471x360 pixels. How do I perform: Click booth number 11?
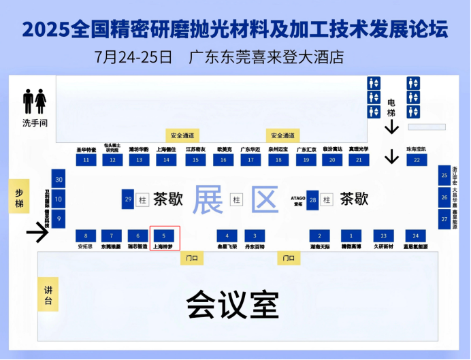(x=86, y=160)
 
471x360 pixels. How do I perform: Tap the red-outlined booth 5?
(x=164, y=235)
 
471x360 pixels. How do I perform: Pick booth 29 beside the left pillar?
(x=128, y=199)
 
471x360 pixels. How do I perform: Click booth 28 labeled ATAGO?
(x=313, y=199)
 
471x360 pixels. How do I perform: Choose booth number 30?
(x=59, y=180)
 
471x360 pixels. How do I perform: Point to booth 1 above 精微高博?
(x=351, y=235)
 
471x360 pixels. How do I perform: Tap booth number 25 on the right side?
(x=444, y=176)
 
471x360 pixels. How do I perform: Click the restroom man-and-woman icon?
(x=34, y=101)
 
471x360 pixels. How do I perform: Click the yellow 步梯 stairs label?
(x=19, y=197)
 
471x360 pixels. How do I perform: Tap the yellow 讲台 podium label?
(x=47, y=295)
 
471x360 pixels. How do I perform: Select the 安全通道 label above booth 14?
(x=182, y=135)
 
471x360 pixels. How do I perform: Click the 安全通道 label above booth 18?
(x=282, y=135)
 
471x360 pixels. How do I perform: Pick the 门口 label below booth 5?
(x=192, y=258)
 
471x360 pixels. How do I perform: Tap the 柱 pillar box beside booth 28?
(x=327, y=199)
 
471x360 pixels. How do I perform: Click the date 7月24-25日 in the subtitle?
(x=133, y=56)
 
